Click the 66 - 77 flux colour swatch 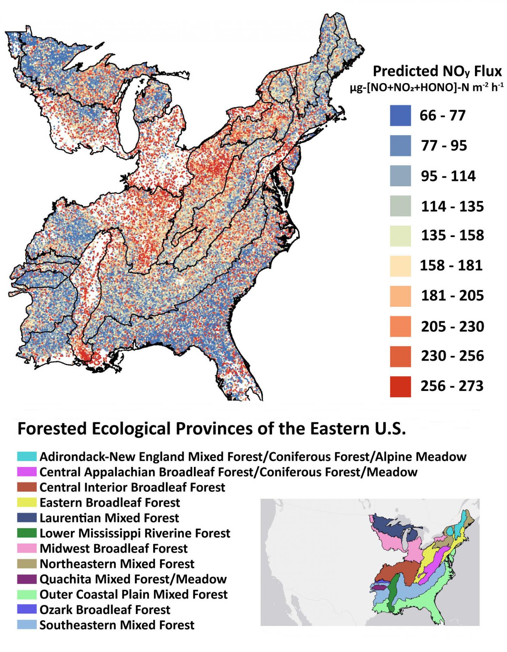tap(400, 116)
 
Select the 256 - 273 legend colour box tap(400, 386)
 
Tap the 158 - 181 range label tap(451, 265)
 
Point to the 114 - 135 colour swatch tap(400, 206)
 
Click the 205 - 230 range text tap(452, 327)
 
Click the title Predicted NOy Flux tap(437, 72)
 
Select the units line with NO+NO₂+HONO tap(426, 87)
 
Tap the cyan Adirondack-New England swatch tap(27, 457)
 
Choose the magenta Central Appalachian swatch tap(27, 472)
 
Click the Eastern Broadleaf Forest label tap(109, 503)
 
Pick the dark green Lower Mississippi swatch tap(27, 533)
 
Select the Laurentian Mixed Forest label tap(109, 518)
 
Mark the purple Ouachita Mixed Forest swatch tap(27, 579)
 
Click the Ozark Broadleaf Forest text tap(105, 610)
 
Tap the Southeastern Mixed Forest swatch tap(27, 625)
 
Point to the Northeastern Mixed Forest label tap(117, 564)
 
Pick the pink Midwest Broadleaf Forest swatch tap(27, 548)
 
